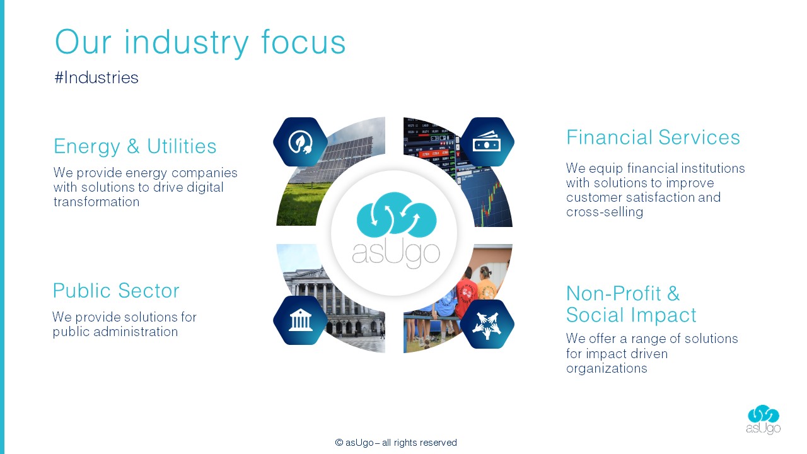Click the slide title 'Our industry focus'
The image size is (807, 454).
200,42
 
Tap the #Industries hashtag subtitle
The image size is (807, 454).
96,78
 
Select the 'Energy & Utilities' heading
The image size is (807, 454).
135,146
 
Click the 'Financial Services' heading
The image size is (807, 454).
653,137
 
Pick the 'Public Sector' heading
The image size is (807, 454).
116,291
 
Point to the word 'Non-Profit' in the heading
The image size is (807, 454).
613,293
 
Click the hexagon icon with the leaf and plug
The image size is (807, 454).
300,142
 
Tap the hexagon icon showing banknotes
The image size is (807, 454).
487,142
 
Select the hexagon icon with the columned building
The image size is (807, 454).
300,320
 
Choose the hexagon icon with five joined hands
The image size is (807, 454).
487,323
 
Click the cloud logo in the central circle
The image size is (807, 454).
397,215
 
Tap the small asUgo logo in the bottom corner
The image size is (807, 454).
763,419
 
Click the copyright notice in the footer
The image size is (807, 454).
396,443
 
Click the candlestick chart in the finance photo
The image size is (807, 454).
491,202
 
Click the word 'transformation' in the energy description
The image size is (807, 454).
96,202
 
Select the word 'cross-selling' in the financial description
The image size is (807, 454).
605,212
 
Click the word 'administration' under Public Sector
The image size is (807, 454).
136,332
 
